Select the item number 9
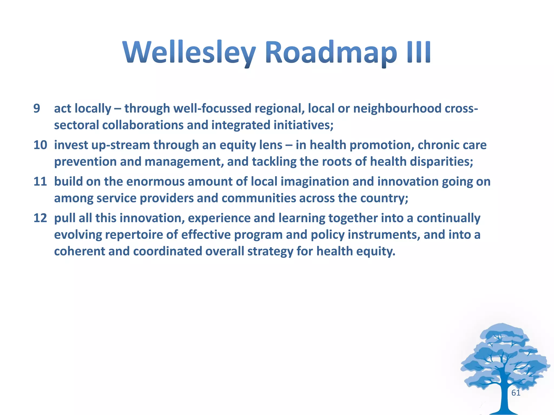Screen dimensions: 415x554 coord(37,109)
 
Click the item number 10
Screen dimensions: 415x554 coord(40,145)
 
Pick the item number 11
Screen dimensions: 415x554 coord(40,182)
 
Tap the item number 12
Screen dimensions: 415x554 coord(40,218)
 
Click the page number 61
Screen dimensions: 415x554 coord(516,393)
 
